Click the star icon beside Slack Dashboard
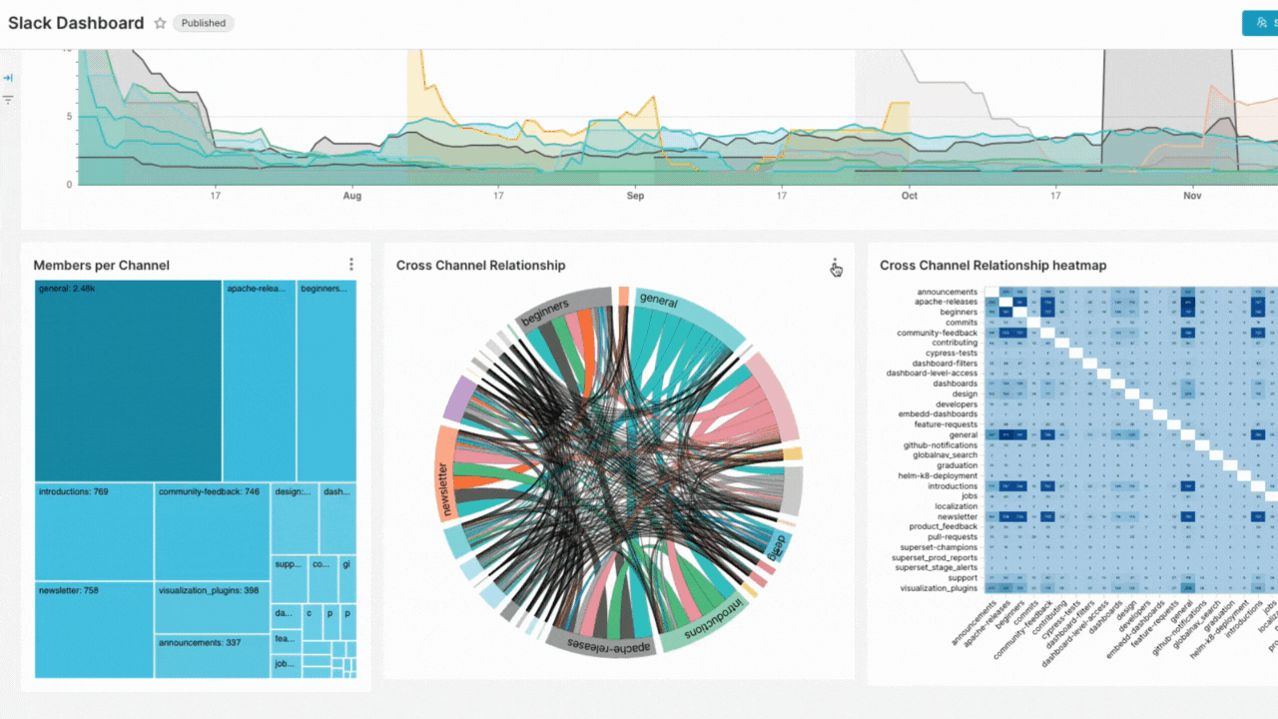[x=160, y=23]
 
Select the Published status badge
[x=204, y=23]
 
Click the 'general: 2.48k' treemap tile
[x=128, y=380]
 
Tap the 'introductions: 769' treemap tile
[x=94, y=531]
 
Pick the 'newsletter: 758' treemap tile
[x=94, y=629]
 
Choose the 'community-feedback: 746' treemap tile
[x=212, y=531]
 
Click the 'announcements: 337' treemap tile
[x=212, y=655]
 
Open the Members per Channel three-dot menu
[x=351, y=265]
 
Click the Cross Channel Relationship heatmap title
[x=992, y=266]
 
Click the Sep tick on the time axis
[x=635, y=196]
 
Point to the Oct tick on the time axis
[x=909, y=196]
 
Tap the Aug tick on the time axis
[x=352, y=196]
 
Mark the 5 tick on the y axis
[x=69, y=117]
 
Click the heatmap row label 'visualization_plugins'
[x=938, y=588]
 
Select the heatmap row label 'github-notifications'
[x=941, y=444]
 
